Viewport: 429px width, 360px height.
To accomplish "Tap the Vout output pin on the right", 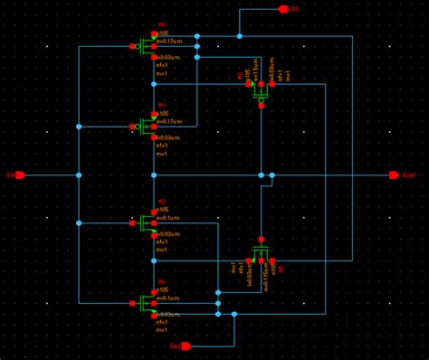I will tap(394, 175).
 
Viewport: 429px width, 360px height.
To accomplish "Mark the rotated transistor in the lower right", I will tap(261, 251).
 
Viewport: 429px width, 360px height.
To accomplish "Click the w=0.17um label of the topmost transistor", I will tap(171, 41).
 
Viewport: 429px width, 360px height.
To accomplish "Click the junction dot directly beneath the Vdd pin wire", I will tap(239, 36).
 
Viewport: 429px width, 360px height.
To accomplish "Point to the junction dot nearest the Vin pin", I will tap(79, 175).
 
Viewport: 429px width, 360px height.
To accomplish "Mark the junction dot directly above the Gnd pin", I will tap(234, 314).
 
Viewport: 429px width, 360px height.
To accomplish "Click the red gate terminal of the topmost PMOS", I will tap(136, 46).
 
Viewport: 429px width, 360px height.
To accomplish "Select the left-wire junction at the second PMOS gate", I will tap(79, 126).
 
